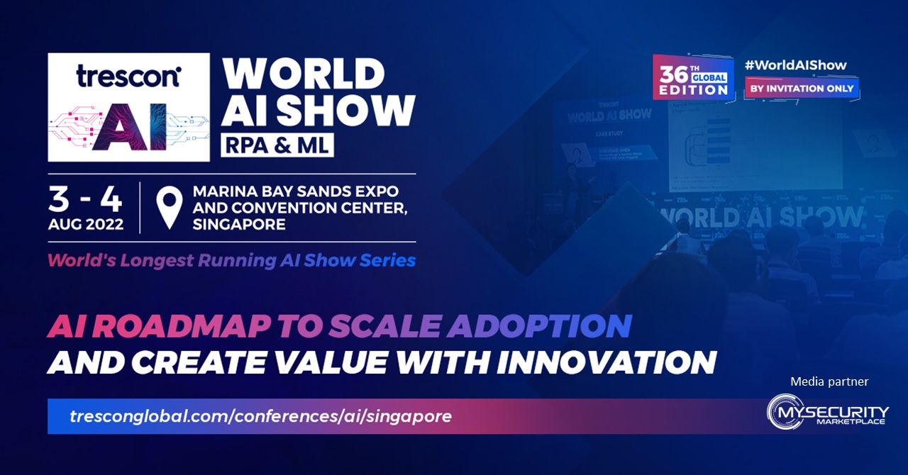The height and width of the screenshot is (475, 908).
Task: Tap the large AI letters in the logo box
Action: click(x=128, y=129)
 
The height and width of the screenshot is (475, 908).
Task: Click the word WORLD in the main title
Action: click(x=304, y=73)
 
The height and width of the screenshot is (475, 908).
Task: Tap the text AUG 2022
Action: click(x=85, y=225)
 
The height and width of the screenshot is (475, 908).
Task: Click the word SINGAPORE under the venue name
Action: click(x=239, y=225)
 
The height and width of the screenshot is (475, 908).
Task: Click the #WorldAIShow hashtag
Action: click(x=795, y=65)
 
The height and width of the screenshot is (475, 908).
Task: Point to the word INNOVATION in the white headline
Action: click(x=605, y=362)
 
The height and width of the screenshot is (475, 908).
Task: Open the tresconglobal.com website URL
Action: click(x=260, y=416)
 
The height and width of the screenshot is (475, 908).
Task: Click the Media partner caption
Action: click(x=829, y=382)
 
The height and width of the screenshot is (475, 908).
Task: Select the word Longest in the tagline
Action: click(x=157, y=260)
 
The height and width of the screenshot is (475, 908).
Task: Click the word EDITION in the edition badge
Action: click(x=694, y=90)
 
